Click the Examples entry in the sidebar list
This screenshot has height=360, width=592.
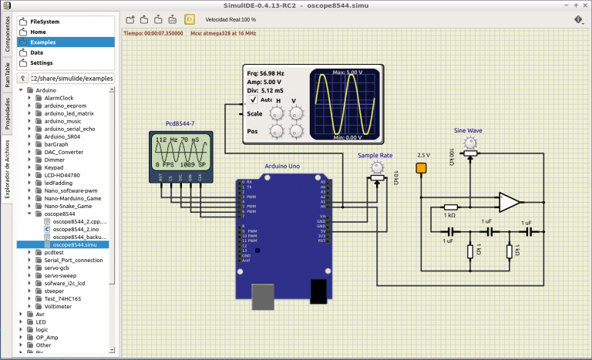point(43,42)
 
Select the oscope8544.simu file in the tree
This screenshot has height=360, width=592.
point(75,244)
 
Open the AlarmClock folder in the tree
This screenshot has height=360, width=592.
point(59,98)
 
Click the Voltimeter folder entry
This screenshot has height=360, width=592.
point(59,306)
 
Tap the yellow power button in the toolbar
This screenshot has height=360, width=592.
point(190,19)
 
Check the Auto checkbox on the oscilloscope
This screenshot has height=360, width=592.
point(254,99)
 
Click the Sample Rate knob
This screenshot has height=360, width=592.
point(376,166)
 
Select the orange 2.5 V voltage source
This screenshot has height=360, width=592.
point(422,167)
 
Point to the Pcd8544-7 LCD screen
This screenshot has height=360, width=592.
point(182,152)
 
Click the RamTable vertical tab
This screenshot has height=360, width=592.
point(7,74)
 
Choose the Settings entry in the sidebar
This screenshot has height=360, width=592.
point(42,62)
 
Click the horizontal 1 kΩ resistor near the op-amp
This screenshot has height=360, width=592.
point(451,207)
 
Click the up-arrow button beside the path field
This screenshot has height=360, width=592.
point(22,79)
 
